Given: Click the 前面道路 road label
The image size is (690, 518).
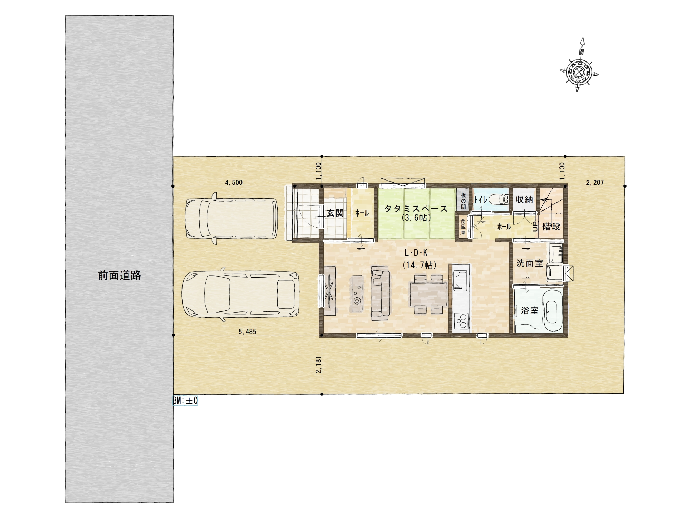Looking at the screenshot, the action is click(119, 276).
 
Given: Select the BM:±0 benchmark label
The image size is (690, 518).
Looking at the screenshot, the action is click(185, 401).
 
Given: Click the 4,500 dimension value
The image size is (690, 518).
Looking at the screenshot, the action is click(234, 182).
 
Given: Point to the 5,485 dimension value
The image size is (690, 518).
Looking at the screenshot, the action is click(247, 332).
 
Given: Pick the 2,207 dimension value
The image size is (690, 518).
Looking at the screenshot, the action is click(595, 182).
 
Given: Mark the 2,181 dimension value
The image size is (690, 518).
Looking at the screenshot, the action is click(318, 365).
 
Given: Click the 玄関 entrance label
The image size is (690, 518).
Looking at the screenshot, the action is click(335, 213).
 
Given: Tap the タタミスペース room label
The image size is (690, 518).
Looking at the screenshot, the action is click(416, 209).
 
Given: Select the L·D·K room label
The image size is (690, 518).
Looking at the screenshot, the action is click(416, 253).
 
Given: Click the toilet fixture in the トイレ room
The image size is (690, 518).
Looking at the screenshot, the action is click(499, 199).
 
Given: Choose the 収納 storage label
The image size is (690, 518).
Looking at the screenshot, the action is click(524, 200).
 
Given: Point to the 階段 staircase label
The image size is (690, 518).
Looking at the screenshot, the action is click(551, 227).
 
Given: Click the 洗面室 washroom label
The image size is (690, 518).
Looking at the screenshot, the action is click(530, 263).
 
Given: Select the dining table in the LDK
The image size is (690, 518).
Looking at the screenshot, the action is click(428, 294).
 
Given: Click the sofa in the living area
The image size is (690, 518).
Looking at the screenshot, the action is click(380, 293).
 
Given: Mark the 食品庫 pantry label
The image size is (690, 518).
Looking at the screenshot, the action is click(463, 227).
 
